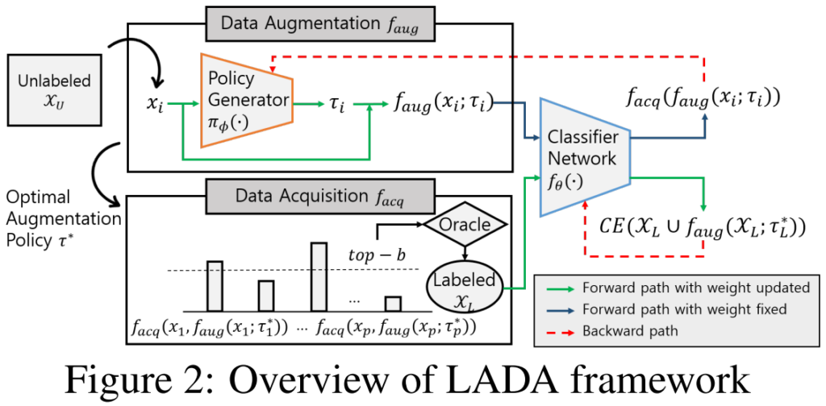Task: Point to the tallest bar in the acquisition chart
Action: [x=319, y=275]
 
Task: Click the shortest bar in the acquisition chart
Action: [x=393, y=304]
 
